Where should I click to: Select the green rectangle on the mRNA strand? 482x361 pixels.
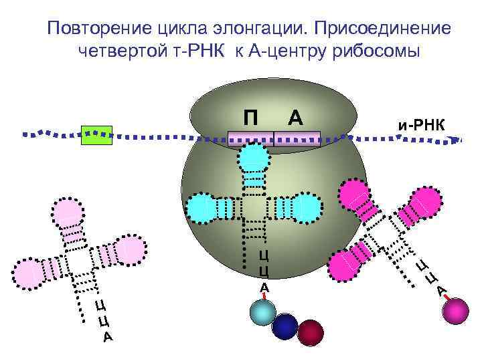click(96, 134)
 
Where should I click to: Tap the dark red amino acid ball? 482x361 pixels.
click(311, 332)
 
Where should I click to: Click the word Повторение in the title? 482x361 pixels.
click(93, 29)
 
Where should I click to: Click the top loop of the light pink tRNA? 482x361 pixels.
click(69, 213)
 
